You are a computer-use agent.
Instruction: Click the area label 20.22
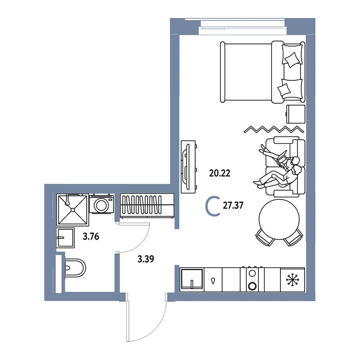tap(220, 173)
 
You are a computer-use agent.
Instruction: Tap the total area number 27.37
tap(233, 205)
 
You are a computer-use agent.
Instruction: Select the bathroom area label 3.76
tap(91, 236)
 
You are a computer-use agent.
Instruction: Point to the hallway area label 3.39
tap(146, 259)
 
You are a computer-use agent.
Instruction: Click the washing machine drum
tap(101, 205)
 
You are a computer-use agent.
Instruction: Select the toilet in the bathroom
tap(75, 268)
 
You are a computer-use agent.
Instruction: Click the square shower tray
tap(73, 210)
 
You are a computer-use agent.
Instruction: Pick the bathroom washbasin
tap(66, 238)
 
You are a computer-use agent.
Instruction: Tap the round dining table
tap(279, 219)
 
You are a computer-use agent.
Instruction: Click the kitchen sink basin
tap(192, 279)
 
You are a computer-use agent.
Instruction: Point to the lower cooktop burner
tap(252, 286)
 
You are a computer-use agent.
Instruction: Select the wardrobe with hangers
tap(147, 206)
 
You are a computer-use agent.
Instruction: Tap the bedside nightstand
tap(296, 114)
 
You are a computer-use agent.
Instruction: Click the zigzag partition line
tap(274, 129)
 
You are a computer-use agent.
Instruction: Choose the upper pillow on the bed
tap(292, 55)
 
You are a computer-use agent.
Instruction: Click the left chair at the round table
tap(265, 237)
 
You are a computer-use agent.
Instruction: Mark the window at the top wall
tap(244, 28)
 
